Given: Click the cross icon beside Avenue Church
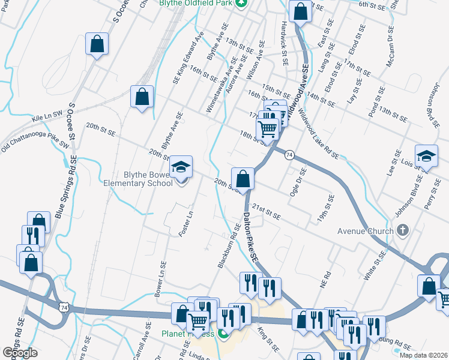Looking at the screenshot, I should pos(402,230).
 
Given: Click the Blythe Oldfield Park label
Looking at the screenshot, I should pos(194,3).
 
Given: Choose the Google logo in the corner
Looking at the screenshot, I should pos(20,353).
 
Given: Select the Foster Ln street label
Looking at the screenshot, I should pos(186,223).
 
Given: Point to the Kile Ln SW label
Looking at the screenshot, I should pos(48,119).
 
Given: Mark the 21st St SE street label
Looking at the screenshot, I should pos(267,211).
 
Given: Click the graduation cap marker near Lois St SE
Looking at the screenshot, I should pos(426,156).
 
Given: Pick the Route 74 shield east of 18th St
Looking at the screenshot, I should pos(289,155).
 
